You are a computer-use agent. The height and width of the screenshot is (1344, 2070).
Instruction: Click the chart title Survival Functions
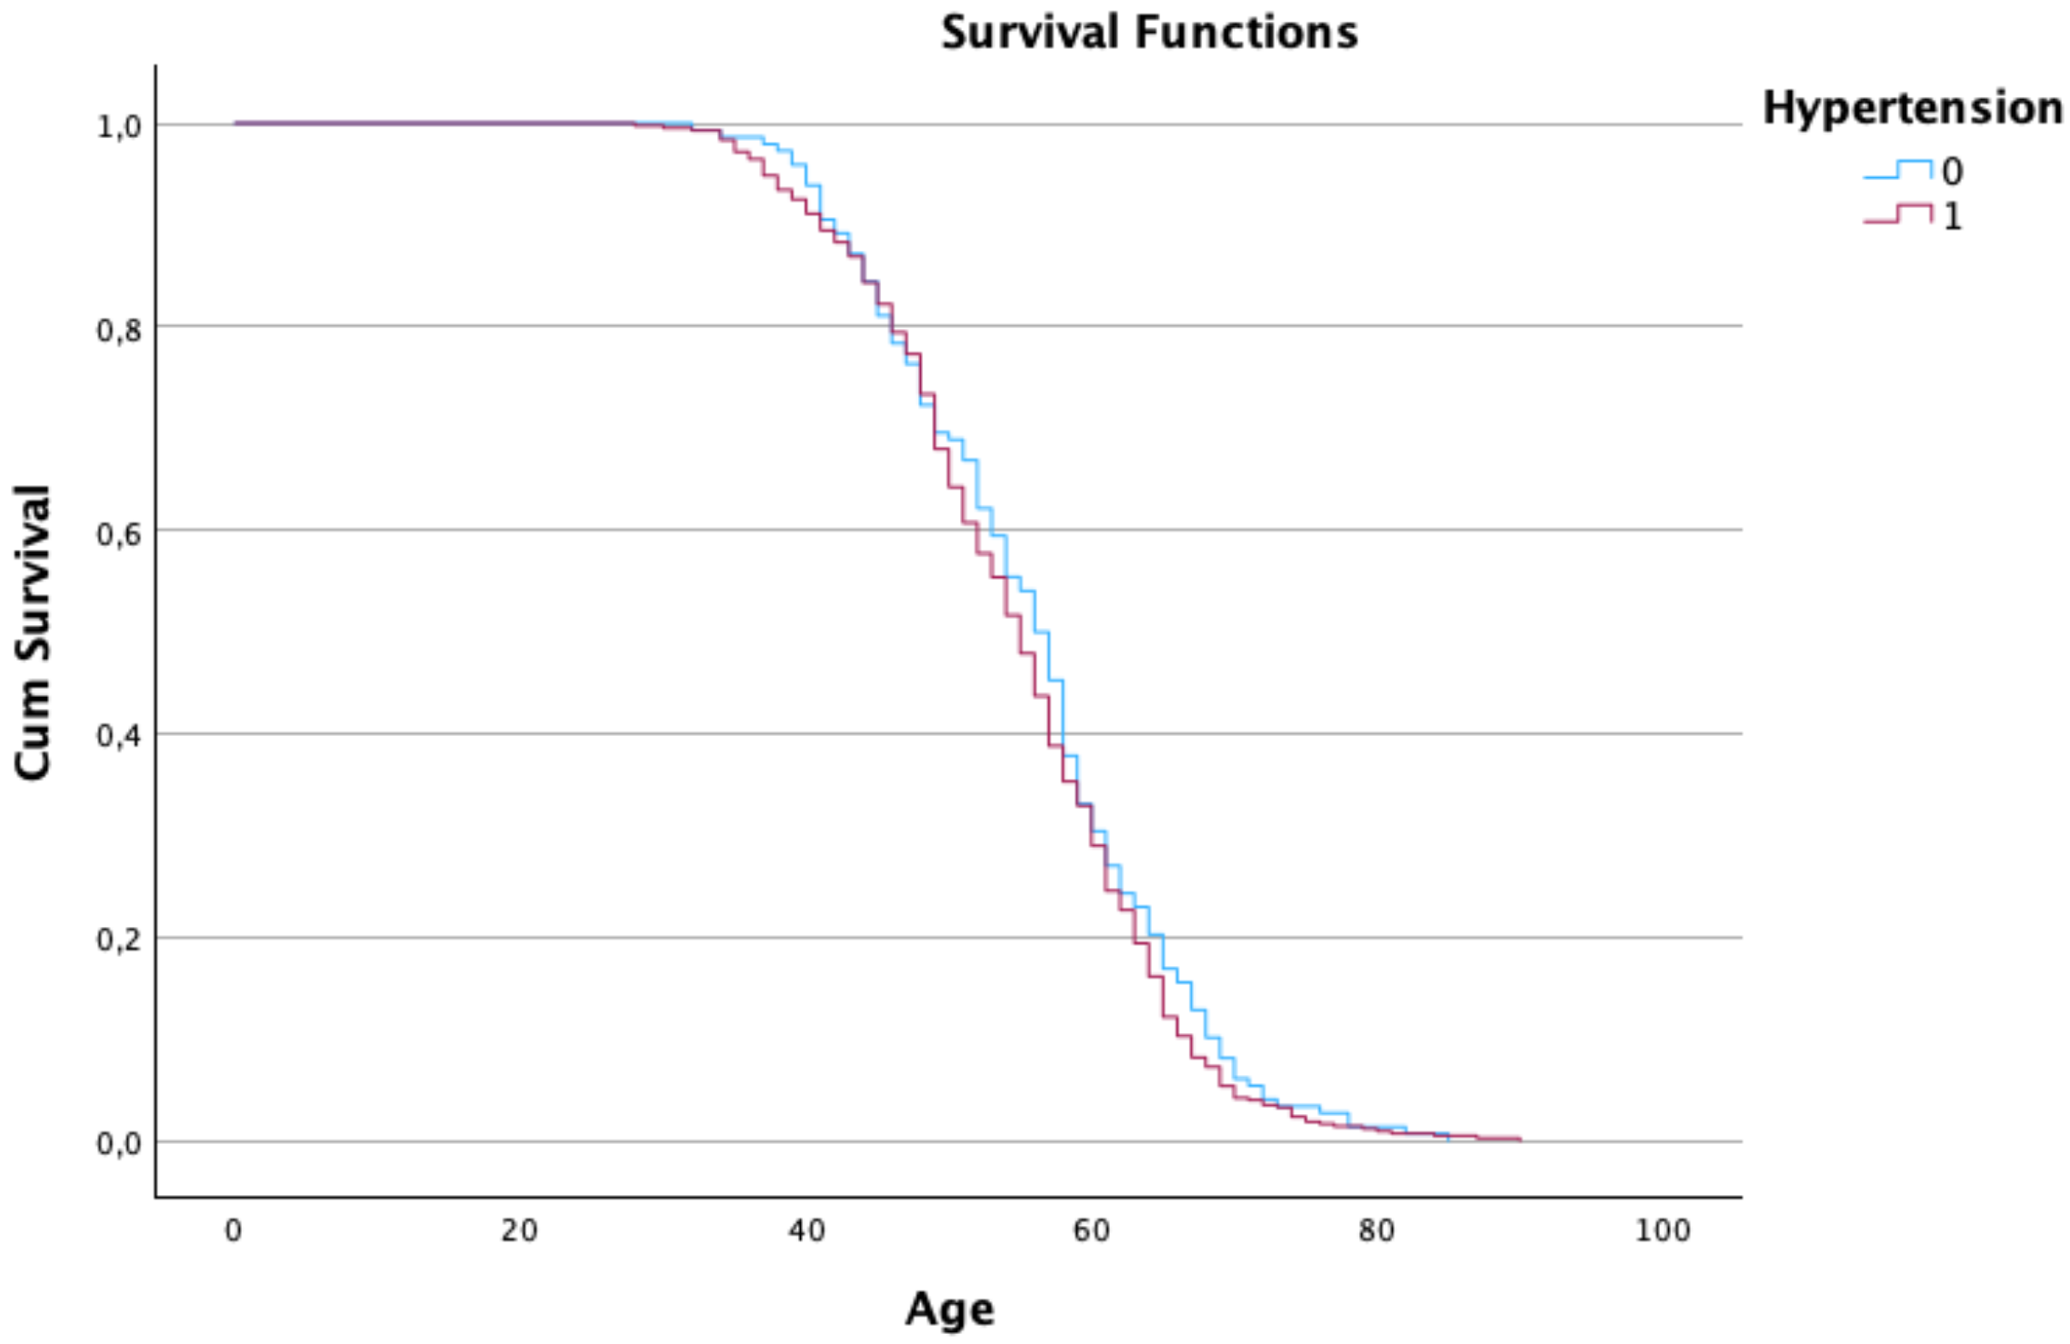[1149, 33]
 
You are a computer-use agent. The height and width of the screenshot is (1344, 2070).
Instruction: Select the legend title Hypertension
[1912, 108]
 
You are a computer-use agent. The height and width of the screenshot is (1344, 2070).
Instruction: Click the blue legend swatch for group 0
[1897, 170]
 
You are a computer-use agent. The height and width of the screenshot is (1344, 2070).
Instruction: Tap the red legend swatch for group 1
[1897, 214]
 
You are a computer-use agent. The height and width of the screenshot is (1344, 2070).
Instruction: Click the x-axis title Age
[949, 1309]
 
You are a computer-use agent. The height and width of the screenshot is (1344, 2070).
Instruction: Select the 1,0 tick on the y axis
[119, 126]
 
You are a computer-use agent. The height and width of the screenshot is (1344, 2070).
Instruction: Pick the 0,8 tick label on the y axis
[119, 330]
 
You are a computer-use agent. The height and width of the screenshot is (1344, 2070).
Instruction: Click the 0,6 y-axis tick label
[119, 533]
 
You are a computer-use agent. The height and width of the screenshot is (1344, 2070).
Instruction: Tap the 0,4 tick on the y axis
[119, 737]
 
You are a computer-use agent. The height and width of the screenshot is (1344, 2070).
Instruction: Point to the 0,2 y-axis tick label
[119, 941]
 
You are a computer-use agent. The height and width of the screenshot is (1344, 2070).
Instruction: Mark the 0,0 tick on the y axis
[119, 1144]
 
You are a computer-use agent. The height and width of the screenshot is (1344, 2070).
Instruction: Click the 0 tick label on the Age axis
[234, 1230]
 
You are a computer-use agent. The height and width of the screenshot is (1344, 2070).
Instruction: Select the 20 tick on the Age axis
[519, 1230]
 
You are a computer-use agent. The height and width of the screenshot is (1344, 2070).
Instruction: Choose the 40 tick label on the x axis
[806, 1230]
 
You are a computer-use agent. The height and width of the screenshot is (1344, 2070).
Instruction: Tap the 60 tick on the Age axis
[1092, 1230]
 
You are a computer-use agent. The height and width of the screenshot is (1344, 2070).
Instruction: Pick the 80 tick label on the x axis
[1377, 1230]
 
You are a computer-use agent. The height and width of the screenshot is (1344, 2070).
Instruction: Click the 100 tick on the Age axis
[1663, 1230]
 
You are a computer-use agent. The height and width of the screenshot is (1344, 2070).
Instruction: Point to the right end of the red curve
[1520, 1139]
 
